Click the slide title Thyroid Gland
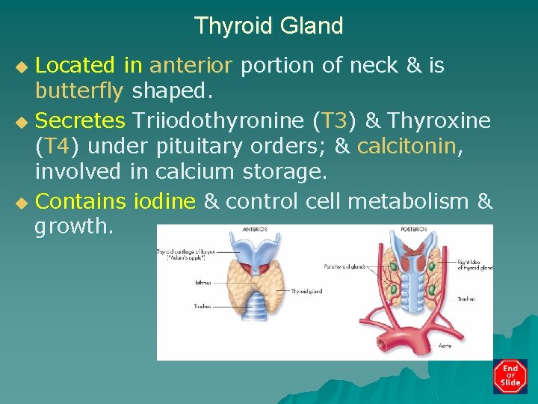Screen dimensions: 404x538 (268, 26)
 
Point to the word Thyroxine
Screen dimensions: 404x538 (439, 119)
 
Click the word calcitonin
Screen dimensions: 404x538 (406, 145)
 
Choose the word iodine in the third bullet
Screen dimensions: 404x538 (164, 201)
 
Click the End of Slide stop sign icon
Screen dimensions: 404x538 (510, 376)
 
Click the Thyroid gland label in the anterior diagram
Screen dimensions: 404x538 (308, 291)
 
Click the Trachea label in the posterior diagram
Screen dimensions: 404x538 (466, 299)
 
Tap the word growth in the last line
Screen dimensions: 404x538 (72, 227)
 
